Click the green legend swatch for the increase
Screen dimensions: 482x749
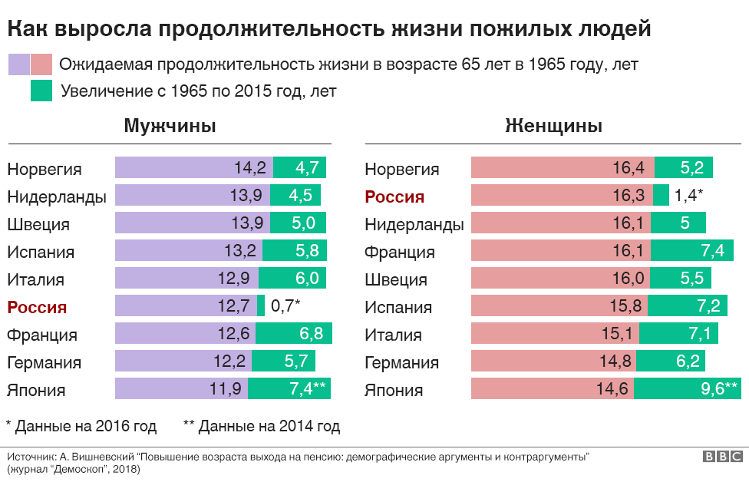(41, 91)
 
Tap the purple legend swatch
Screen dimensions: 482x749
(18, 64)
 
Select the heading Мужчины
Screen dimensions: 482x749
(170, 126)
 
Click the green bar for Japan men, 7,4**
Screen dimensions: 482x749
(289, 389)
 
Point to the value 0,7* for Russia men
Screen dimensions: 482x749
(285, 306)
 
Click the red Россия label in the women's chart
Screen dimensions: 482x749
(394, 196)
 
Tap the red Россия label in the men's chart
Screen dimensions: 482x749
(37, 307)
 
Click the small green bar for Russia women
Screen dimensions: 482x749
(661, 196)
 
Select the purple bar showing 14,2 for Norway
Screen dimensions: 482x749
(193, 168)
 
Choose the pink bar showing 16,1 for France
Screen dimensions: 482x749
(560, 251)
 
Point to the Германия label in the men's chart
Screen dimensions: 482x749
(44, 362)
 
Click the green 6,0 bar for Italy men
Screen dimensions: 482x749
(292, 279)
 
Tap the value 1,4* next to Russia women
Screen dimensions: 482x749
(689, 196)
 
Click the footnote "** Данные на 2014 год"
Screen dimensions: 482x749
(262, 425)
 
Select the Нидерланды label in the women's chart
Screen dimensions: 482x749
(414, 224)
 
